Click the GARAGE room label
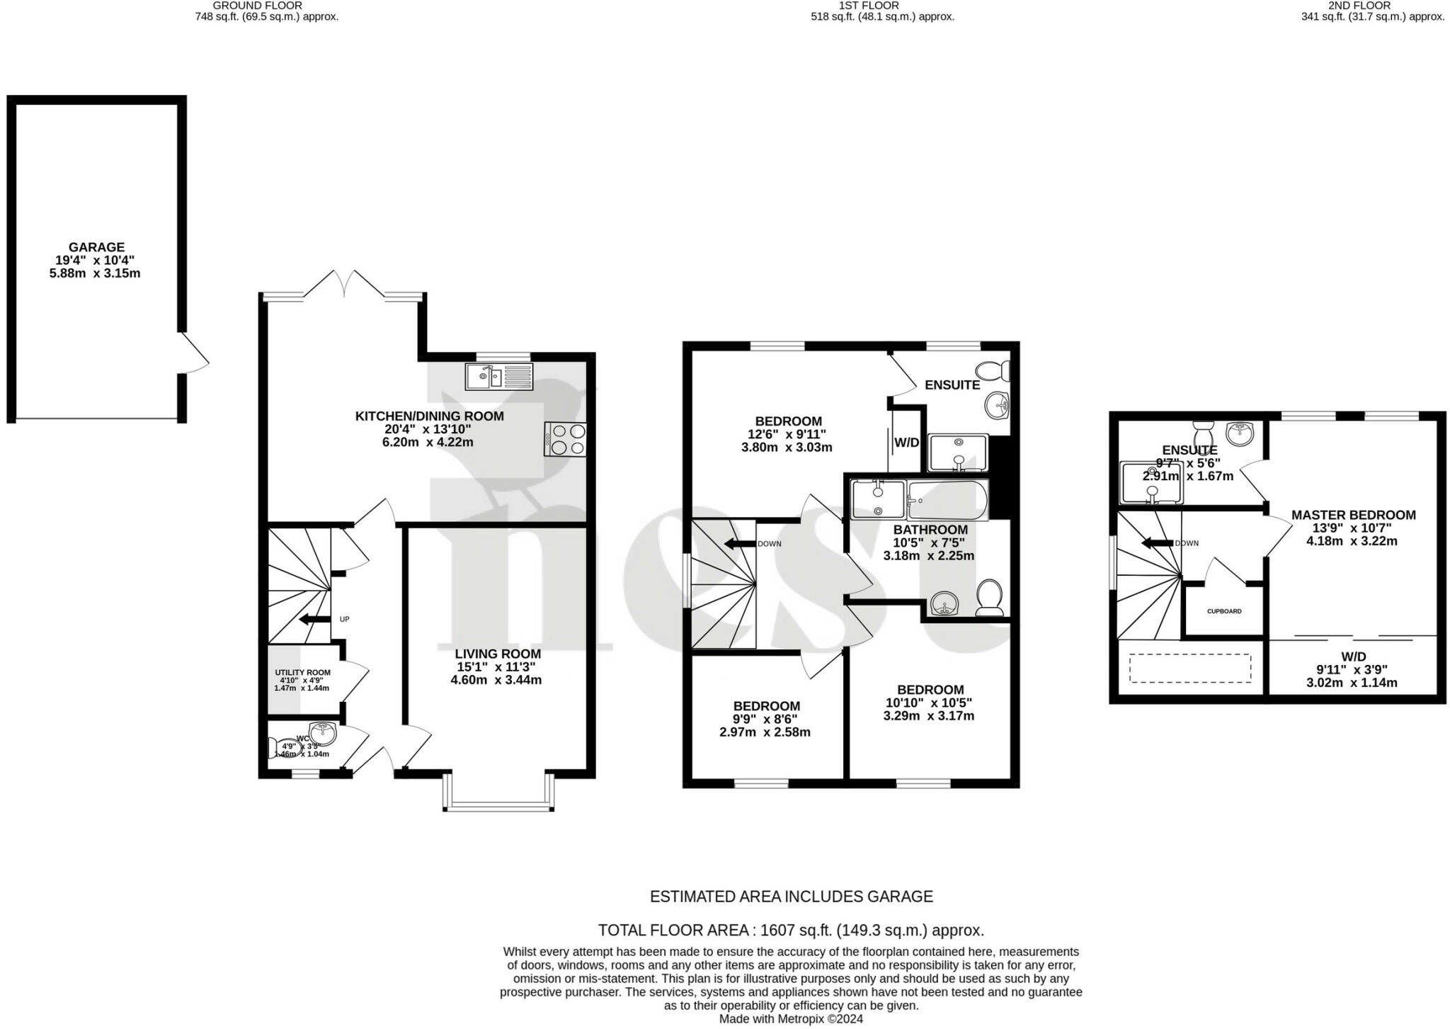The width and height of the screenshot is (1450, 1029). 96,247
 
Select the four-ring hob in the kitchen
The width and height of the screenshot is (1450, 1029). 566,438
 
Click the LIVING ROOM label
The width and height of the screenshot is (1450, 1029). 497,654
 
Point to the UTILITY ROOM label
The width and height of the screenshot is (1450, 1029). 302,673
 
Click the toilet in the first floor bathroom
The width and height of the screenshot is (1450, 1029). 989,597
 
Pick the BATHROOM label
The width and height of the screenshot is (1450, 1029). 930,530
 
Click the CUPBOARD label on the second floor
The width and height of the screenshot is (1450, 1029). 1224,611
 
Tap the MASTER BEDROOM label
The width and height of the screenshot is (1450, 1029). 1353,515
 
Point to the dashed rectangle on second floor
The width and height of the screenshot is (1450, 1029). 1189,668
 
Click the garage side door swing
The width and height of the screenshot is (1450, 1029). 194,353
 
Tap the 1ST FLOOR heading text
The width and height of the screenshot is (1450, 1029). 868,6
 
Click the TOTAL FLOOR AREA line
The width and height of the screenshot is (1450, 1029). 791,930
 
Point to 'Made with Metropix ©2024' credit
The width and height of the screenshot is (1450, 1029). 791,1019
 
